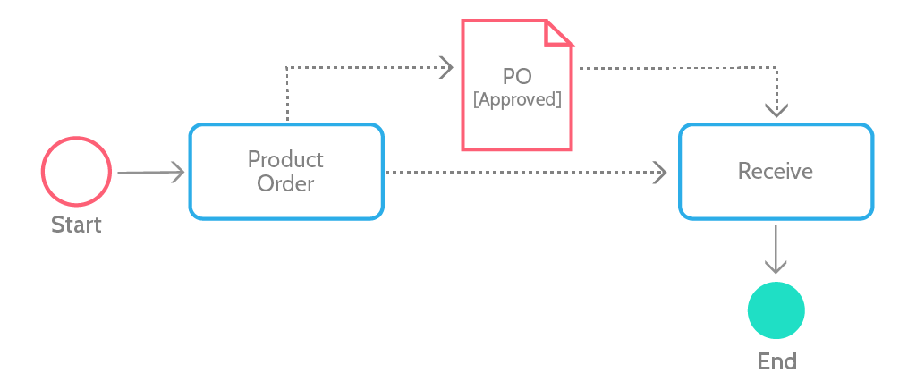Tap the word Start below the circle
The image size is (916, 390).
77,225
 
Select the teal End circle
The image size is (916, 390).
776,310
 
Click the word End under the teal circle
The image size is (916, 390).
777,361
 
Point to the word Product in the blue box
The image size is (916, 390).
285,159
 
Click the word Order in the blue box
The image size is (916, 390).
285,184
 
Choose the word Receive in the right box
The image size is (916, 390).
776,171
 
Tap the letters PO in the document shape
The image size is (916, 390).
517,77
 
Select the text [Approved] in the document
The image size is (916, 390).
517,100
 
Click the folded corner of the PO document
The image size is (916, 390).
558,33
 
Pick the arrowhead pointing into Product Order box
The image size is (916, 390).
178,173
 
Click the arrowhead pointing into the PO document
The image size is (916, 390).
446,68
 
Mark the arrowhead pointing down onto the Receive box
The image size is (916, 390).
776,110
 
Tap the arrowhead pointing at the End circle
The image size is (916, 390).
776,267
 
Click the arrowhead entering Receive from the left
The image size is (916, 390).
659,173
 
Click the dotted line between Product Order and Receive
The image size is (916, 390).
526,173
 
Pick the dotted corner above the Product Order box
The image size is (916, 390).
287,68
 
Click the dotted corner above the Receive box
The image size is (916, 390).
776,68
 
